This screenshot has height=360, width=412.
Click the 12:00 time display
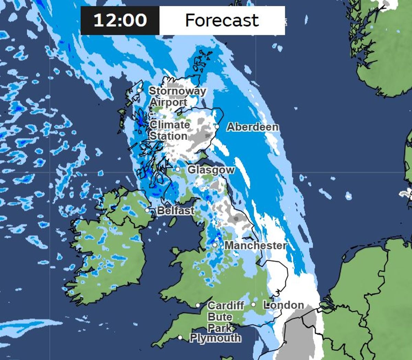(120, 20)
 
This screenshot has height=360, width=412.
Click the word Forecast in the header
(222, 20)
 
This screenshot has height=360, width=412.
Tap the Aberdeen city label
(253, 127)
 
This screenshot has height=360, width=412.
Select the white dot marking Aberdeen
(217, 126)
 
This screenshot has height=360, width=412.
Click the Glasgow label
(211, 170)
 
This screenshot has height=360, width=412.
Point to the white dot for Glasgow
(178, 169)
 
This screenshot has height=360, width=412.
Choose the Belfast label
(175, 211)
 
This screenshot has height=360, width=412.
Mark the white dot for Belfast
(147, 210)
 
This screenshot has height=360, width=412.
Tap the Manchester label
(255, 245)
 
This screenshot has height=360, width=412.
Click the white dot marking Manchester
(215, 245)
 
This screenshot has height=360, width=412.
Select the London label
(284, 305)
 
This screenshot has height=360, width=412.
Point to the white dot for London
(253, 304)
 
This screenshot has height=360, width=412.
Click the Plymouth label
(215, 338)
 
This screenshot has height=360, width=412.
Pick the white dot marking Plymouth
(180, 337)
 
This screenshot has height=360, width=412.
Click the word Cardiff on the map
(226, 305)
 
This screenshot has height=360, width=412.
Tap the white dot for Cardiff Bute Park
(198, 305)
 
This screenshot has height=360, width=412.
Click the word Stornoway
(177, 91)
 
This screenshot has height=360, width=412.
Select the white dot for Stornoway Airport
(139, 90)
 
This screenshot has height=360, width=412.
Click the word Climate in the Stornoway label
(170, 125)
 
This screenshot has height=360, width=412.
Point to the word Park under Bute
(220, 328)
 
